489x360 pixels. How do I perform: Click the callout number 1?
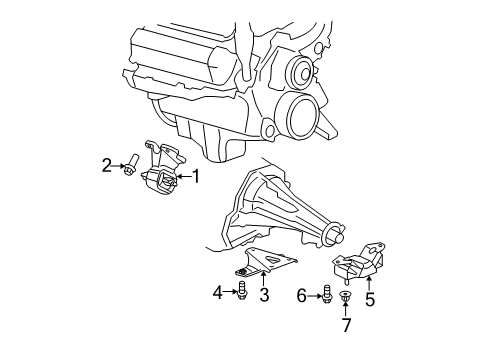click(196, 178)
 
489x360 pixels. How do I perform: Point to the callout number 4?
click(218, 292)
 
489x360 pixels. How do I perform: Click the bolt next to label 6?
click(327, 294)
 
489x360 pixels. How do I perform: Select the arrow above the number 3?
click(264, 278)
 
